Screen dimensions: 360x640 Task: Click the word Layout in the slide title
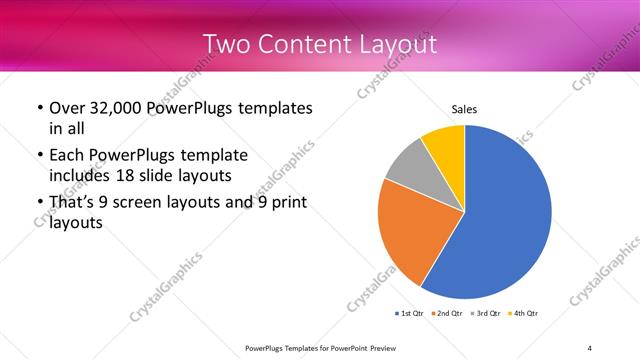(x=397, y=44)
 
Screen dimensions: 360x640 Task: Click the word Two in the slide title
(x=226, y=44)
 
